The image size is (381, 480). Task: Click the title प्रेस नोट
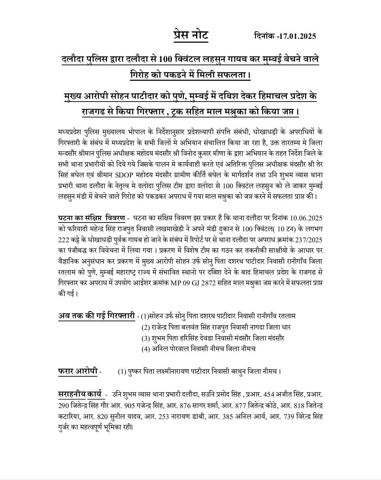pos(191,36)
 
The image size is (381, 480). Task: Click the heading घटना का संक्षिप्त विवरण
pos(91,217)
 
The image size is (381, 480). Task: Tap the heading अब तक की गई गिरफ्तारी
pos(97,316)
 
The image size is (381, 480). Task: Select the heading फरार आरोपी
pos(77,371)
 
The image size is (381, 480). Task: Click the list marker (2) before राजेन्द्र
pos(145,327)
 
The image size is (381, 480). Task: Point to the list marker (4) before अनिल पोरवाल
pos(145,349)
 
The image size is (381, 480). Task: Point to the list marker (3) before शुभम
pos(145,338)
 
